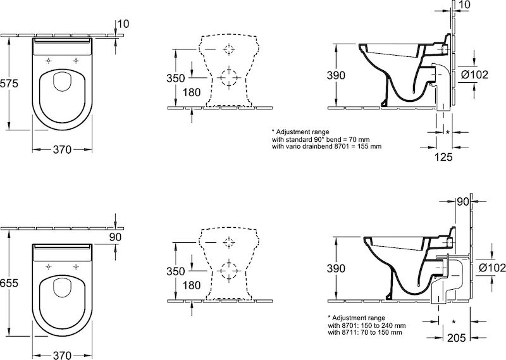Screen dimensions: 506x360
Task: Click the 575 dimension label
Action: pos(9,84)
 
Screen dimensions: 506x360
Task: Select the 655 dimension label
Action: pos(9,283)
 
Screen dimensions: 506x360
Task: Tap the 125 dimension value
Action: pos(443,158)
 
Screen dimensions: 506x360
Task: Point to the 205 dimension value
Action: pos(457,338)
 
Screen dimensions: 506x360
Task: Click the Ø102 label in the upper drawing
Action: pos(474,75)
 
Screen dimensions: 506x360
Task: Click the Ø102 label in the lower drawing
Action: pos(492,268)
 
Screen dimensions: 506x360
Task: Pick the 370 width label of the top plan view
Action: pos(62,149)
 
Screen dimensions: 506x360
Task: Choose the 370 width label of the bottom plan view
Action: pos(62,355)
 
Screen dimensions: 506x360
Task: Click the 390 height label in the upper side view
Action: pos(336,75)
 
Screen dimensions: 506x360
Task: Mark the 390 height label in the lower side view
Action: pos(336,268)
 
